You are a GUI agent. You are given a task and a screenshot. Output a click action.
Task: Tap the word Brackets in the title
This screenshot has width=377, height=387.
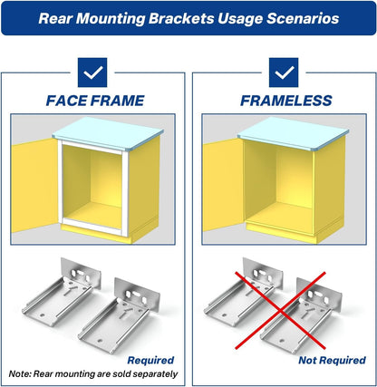pyautogui.click(x=181, y=18)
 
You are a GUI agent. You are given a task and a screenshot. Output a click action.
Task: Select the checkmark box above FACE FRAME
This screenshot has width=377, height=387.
pyautogui.click(x=92, y=73)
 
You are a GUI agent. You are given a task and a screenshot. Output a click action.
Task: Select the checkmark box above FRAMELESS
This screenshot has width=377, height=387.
pyautogui.click(x=284, y=73)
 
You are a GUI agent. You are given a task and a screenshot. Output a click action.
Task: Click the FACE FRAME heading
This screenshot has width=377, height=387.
pyautogui.click(x=95, y=101)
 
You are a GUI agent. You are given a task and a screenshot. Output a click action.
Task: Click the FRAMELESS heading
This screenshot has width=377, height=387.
pyautogui.click(x=286, y=101)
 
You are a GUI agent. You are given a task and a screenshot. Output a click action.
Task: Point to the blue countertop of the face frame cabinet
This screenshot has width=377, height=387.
pyautogui.click(x=108, y=133)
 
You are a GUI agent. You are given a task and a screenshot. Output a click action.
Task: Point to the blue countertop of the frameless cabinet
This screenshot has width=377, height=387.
pyautogui.click(x=293, y=133)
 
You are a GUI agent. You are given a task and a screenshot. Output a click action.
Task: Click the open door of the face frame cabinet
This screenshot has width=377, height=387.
pyautogui.click(x=34, y=185)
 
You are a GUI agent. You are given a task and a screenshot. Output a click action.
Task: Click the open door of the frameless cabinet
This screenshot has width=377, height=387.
pyautogui.click(x=224, y=185)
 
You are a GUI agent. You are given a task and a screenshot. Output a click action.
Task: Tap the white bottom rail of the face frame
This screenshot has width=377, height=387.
pyautogui.click(x=92, y=226)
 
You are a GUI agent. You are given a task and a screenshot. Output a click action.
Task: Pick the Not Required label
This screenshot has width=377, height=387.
pyautogui.click(x=332, y=360)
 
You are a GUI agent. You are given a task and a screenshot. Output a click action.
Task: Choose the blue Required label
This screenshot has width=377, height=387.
pyautogui.click(x=150, y=360)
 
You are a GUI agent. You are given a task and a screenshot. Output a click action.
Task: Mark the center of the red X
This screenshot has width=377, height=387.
pyautogui.click(x=281, y=311)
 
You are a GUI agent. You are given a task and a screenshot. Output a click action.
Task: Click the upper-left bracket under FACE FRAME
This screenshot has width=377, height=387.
pyautogui.click(x=62, y=292)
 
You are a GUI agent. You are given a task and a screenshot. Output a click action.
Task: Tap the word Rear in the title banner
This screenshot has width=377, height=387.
pyautogui.click(x=55, y=18)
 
